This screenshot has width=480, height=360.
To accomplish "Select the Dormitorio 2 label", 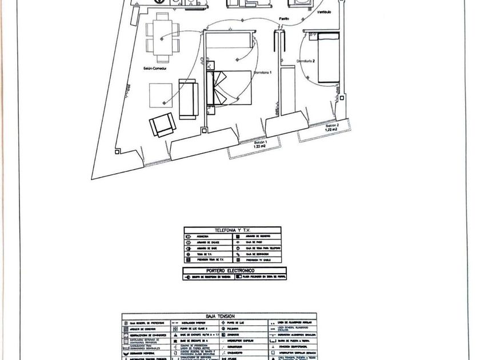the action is pos(307,61).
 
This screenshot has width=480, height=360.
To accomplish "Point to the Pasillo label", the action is pos(283,19).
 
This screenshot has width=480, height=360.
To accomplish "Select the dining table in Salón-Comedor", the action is pos(162,38).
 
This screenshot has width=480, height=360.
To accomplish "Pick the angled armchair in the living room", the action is pos(162,125).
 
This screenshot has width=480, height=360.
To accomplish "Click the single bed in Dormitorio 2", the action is pos(328,58).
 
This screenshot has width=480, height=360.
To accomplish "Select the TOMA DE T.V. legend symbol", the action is pos(189,254).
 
